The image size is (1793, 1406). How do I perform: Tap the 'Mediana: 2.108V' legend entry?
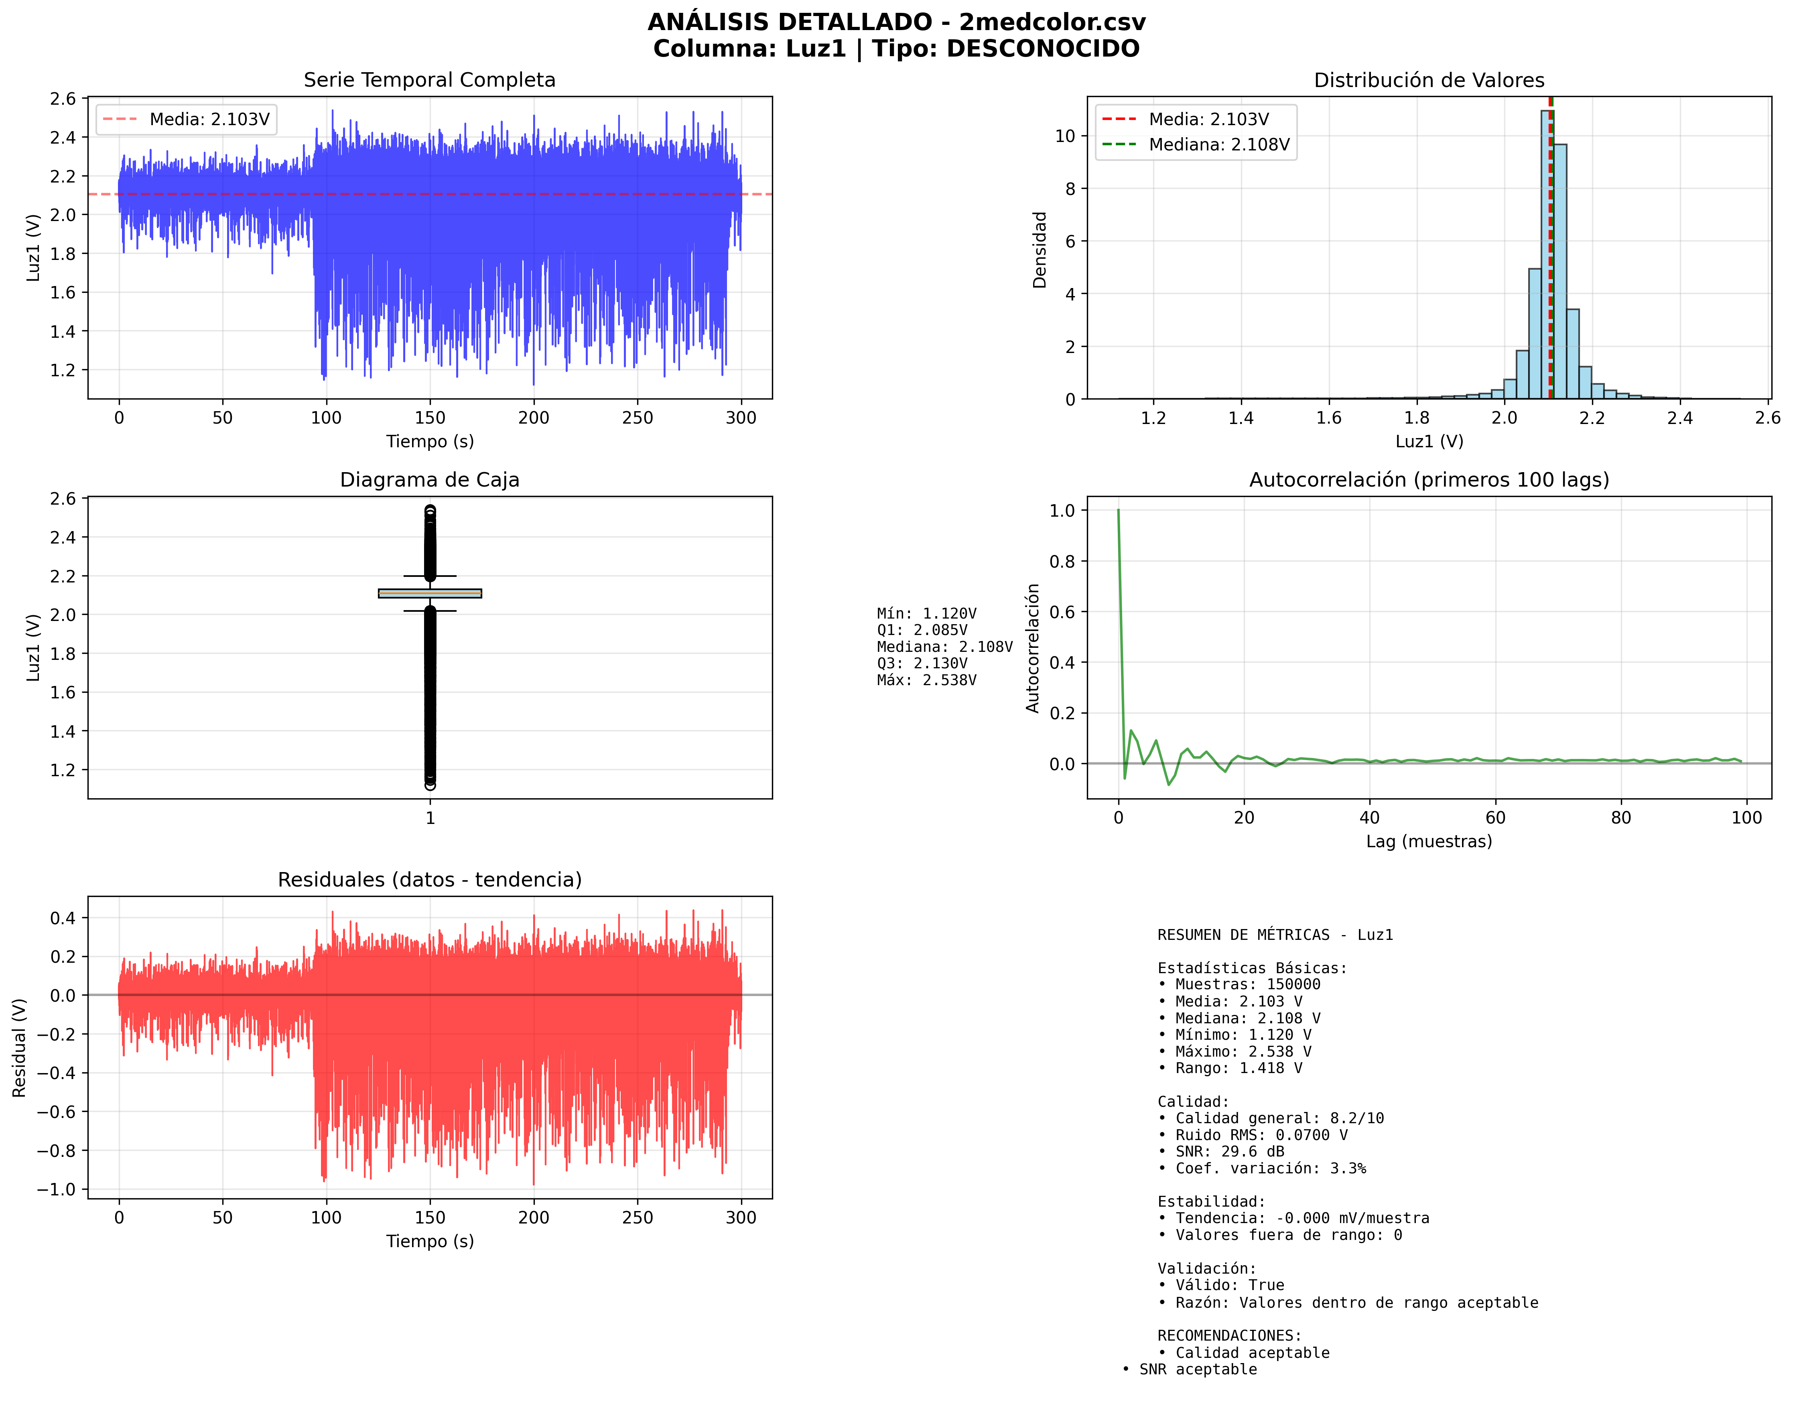[x=1218, y=145]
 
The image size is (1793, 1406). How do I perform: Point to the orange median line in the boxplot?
[x=430, y=593]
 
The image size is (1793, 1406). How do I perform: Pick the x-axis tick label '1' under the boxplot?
[x=430, y=818]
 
